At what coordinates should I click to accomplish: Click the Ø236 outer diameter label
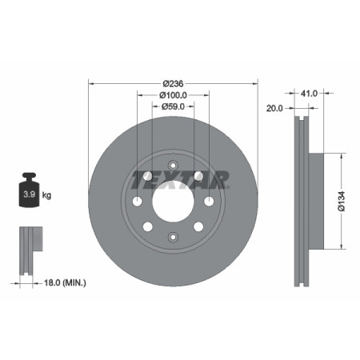[x=173, y=82]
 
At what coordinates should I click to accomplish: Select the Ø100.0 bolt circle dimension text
[x=173, y=94]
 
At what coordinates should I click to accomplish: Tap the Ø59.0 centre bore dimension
[x=173, y=106]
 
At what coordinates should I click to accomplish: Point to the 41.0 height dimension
[x=309, y=94]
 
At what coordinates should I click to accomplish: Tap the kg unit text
[x=47, y=195]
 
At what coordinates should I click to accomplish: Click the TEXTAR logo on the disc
[x=181, y=177]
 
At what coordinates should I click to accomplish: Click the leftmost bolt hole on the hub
[x=137, y=200]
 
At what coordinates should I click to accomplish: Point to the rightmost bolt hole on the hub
[x=209, y=200]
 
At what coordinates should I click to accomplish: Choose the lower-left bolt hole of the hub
[x=148, y=227]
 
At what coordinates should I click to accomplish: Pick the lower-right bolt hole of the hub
[x=198, y=227]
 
